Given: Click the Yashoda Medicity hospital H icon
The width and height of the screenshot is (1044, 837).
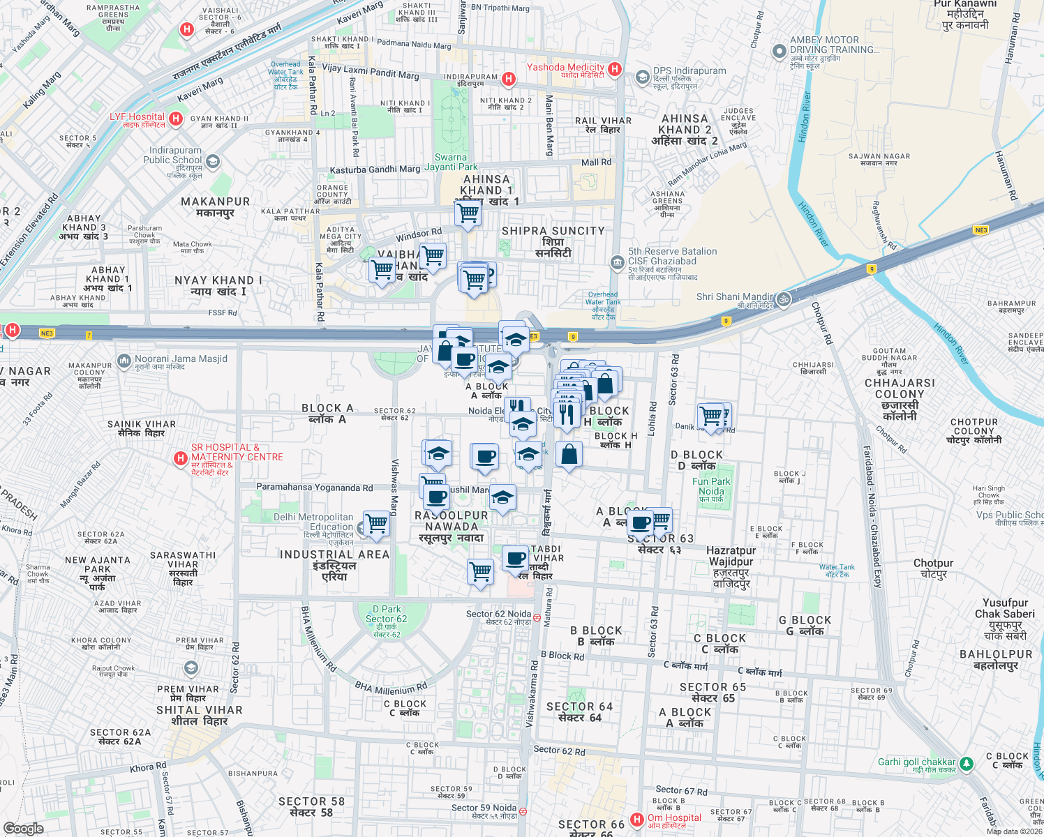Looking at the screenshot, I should click(x=615, y=68).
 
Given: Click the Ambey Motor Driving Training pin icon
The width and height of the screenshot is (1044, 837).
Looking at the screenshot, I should click(x=780, y=51).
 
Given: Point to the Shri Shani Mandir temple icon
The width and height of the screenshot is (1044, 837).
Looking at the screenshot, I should click(x=784, y=299).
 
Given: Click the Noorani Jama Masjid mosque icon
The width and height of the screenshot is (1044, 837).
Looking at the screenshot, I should click(x=124, y=361).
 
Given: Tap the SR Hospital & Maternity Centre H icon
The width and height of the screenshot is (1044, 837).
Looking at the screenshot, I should click(x=180, y=458).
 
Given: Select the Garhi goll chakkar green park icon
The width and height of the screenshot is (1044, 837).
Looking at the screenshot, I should click(x=966, y=764).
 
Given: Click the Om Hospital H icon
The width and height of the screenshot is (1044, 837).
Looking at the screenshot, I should click(x=636, y=820).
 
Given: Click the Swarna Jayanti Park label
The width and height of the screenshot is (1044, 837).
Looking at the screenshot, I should click(x=451, y=162).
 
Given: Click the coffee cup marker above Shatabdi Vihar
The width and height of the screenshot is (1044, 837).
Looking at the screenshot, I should click(x=516, y=559).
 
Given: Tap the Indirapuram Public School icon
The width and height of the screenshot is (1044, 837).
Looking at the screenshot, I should click(x=213, y=162).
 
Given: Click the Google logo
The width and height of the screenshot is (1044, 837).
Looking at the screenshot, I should click(x=24, y=828).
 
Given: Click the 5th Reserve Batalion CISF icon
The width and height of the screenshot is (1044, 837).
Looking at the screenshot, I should click(x=617, y=262).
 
